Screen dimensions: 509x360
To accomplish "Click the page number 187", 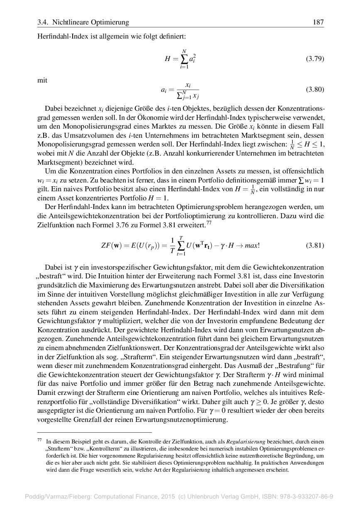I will [318, 22].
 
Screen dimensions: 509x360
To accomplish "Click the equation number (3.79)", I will [315, 58].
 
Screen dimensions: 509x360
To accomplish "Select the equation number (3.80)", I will [315, 90].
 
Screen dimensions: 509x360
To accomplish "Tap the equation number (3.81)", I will [315, 245].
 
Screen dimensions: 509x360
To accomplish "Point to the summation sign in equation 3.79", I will [183, 58].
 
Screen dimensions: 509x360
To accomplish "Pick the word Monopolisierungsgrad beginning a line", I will [69, 144].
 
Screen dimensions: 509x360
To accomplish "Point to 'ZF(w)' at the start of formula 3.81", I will [110, 245].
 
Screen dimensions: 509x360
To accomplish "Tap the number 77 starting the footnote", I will [40, 441].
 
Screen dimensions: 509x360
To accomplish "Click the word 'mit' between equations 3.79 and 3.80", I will [42, 80].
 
